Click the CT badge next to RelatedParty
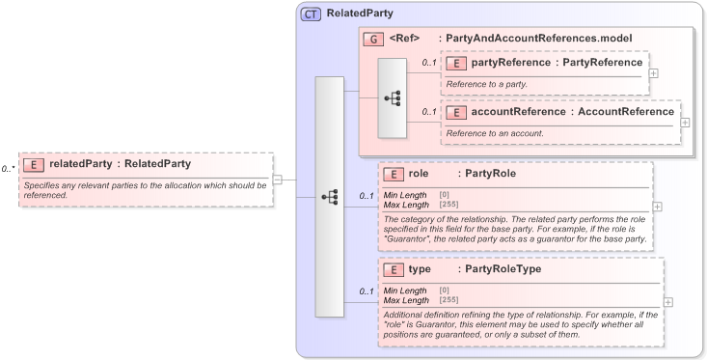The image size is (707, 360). click(312, 14)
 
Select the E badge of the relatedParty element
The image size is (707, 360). click(33, 164)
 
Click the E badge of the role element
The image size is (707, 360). click(393, 175)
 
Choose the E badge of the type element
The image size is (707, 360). click(393, 269)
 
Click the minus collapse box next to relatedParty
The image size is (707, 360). click(278, 179)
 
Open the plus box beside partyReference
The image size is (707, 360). click(653, 72)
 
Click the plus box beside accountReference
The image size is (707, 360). click(685, 122)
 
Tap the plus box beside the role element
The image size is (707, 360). click(658, 206)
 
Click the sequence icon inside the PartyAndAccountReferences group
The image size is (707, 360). click(393, 97)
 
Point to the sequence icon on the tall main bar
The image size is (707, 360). click(329, 196)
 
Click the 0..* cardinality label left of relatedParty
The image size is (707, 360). click(8, 169)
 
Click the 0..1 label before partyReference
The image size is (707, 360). click(428, 64)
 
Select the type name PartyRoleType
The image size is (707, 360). click(503, 269)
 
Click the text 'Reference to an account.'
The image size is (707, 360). click(495, 132)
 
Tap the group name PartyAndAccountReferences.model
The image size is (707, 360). click(548, 39)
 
